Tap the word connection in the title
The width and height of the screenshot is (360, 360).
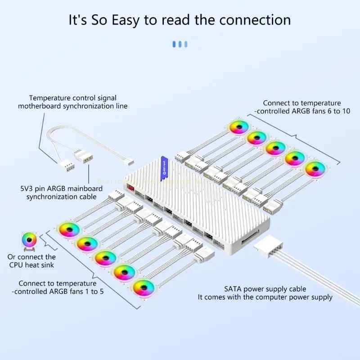[x=252, y=20]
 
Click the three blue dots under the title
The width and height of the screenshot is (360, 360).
[x=180, y=44]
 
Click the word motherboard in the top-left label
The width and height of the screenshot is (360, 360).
[x=41, y=106]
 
